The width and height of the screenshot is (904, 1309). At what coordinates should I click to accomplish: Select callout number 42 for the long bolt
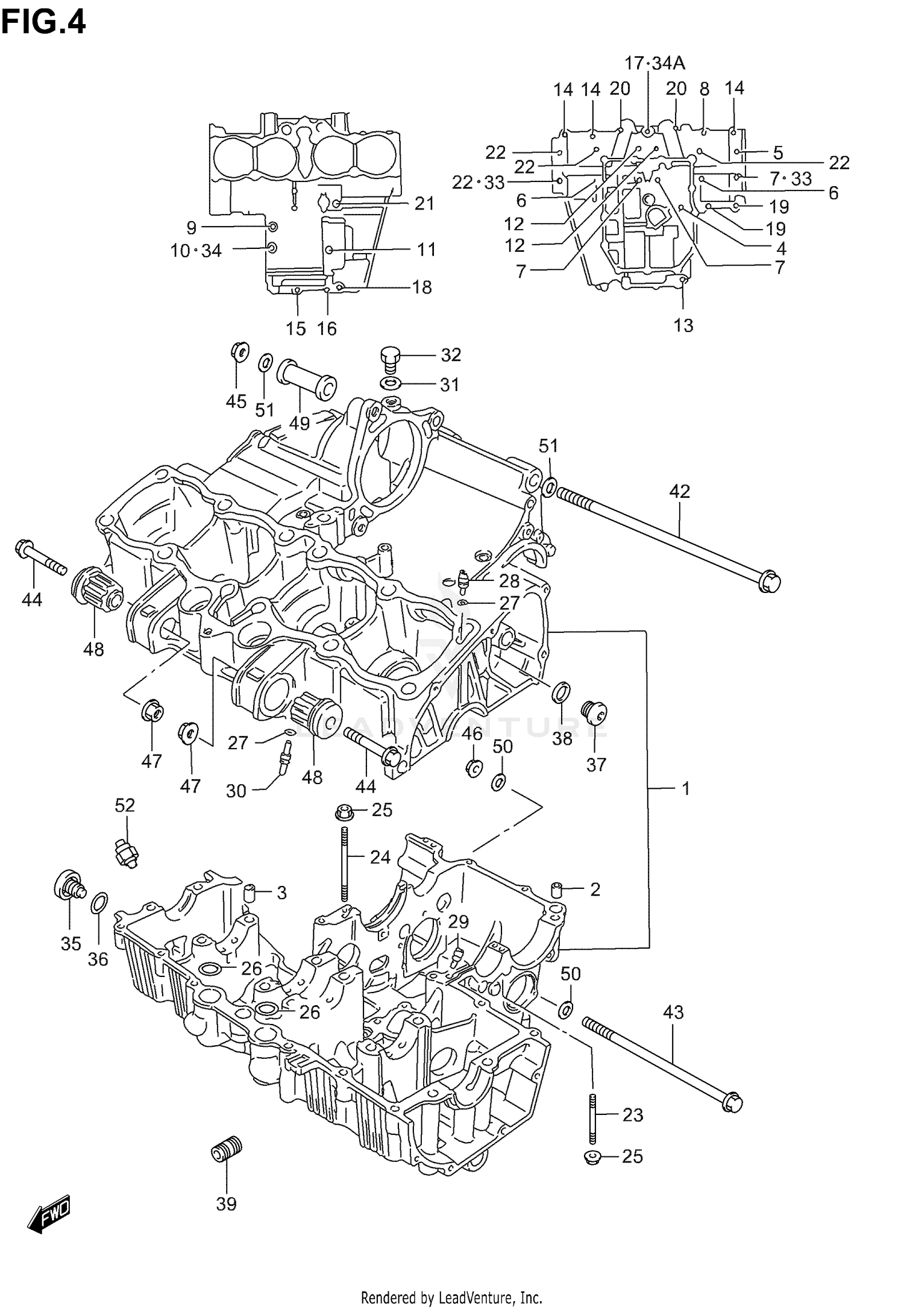[x=679, y=491]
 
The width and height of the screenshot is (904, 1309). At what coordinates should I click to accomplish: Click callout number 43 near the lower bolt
[x=673, y=1012]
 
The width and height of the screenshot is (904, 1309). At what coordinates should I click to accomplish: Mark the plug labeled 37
[x=594, y=713]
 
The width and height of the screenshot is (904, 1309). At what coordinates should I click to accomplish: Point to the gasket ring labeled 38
[x=560, y=692]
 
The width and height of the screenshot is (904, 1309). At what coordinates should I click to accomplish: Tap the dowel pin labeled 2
[x=556, y=889]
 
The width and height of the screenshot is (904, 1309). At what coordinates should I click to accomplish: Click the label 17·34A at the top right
[x=654, y=63]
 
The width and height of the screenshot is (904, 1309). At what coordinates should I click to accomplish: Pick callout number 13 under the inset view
[x=683, y=325]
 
